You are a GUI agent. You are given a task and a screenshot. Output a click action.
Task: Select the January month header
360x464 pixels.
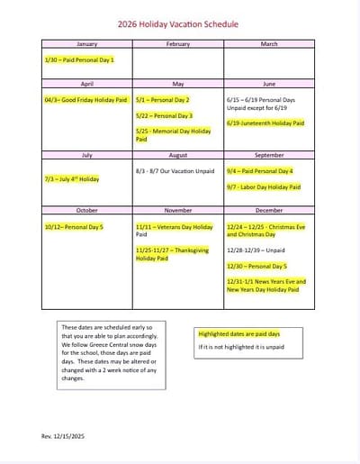click(87, 43)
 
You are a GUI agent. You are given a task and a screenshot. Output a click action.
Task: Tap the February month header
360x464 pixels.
click(178, 43)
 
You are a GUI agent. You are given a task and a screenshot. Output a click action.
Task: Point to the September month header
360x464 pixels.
click(269, 155)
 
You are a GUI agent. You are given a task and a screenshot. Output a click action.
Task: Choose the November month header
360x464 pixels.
click(178, 211)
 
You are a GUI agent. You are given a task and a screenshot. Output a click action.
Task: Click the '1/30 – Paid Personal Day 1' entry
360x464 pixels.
click(85, 59)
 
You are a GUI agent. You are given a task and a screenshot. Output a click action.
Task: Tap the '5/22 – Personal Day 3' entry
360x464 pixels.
click(164, 115)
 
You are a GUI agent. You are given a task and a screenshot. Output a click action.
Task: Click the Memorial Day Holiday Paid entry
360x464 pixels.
click(173, 135)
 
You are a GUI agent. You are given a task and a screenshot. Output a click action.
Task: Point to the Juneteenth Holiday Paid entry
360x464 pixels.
click(265, 123)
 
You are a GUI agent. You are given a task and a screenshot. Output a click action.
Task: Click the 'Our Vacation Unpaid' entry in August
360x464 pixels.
click(175, 170)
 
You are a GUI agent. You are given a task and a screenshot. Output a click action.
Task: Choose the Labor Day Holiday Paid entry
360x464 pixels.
click(264, 187)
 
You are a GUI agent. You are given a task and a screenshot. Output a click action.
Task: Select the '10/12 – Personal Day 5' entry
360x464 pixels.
click(74, 227)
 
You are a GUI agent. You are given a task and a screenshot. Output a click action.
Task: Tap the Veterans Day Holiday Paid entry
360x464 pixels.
click(174, 231)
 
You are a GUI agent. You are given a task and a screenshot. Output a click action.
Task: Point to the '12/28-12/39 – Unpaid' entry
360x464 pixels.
click(256, 250)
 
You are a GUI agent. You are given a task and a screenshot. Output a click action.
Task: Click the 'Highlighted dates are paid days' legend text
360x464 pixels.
click(238, 333)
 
